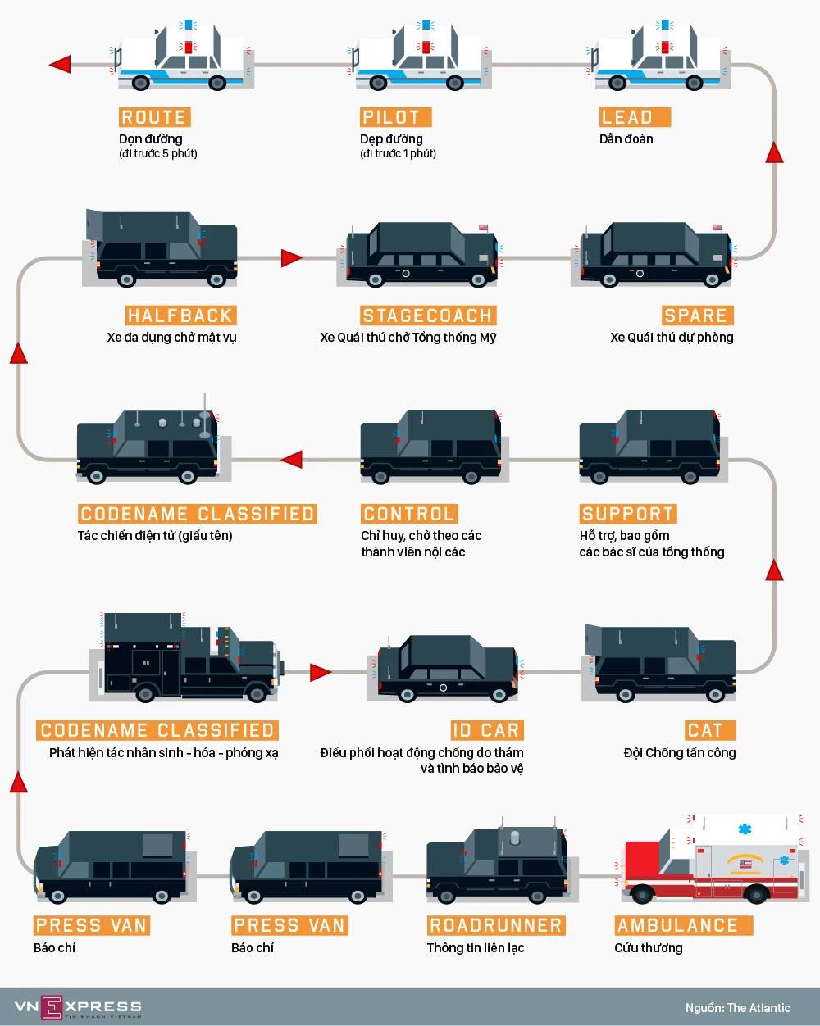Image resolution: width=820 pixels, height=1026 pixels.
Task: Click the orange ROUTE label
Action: (154, 117)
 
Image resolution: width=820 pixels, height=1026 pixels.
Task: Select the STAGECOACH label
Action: (427, 316)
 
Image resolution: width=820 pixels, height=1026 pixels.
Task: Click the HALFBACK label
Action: (180, 316)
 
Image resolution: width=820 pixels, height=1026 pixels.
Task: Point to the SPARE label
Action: (696, 316)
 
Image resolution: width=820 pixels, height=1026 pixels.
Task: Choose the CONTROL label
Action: (408, 514)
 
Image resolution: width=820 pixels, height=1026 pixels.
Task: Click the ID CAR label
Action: (486, 730)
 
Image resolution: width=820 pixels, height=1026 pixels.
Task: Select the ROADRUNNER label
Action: (496, 925)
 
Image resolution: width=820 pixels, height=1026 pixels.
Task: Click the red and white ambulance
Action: (710, 860)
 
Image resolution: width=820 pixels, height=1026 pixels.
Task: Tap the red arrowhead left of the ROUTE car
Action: (60, 65)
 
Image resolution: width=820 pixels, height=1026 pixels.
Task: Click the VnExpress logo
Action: (78, 1007)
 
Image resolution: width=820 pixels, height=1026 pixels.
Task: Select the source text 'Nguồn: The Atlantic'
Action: (738, 1008)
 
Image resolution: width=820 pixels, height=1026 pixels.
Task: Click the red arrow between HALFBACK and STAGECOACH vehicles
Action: (292, 258)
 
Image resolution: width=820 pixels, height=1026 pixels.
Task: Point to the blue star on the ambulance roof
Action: (745, 829)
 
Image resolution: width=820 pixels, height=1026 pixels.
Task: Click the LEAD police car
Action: (658, 59)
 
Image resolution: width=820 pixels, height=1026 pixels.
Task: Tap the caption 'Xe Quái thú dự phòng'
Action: (672, 338)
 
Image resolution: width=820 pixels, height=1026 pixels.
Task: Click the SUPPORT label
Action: (627, 514)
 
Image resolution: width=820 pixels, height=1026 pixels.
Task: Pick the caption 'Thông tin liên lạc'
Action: (476, 948)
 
